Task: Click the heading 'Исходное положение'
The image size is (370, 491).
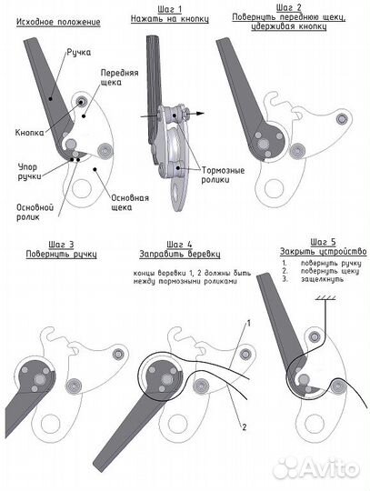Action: [58, 22]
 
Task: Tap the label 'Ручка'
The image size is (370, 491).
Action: [78, 53]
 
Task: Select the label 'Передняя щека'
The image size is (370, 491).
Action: [119, 77]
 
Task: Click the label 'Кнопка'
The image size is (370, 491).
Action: [29, 133]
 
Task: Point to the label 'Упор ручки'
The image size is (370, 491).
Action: [29, 171]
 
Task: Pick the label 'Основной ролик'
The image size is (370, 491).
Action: [35, 212]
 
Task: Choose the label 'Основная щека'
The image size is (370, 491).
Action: [130, 203]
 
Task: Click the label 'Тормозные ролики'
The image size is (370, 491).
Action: [223, 175]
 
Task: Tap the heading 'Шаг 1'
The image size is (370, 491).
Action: [170, 9]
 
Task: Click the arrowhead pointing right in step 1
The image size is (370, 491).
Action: [201, 114]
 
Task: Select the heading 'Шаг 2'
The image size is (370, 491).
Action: [288, 7]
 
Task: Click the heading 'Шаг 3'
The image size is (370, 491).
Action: [61, 245]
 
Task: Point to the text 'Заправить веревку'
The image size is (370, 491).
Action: [180, 254]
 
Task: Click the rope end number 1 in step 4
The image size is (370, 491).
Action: [249, 323]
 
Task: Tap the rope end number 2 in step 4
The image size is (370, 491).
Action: [245, 426]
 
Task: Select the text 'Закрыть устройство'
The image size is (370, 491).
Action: [323, 252]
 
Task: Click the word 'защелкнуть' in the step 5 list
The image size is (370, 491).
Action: [322, 279]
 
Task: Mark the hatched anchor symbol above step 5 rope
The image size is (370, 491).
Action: [325, 298]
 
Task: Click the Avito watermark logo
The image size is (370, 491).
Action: [316, 468]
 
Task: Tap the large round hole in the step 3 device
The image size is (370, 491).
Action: [50, 425]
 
